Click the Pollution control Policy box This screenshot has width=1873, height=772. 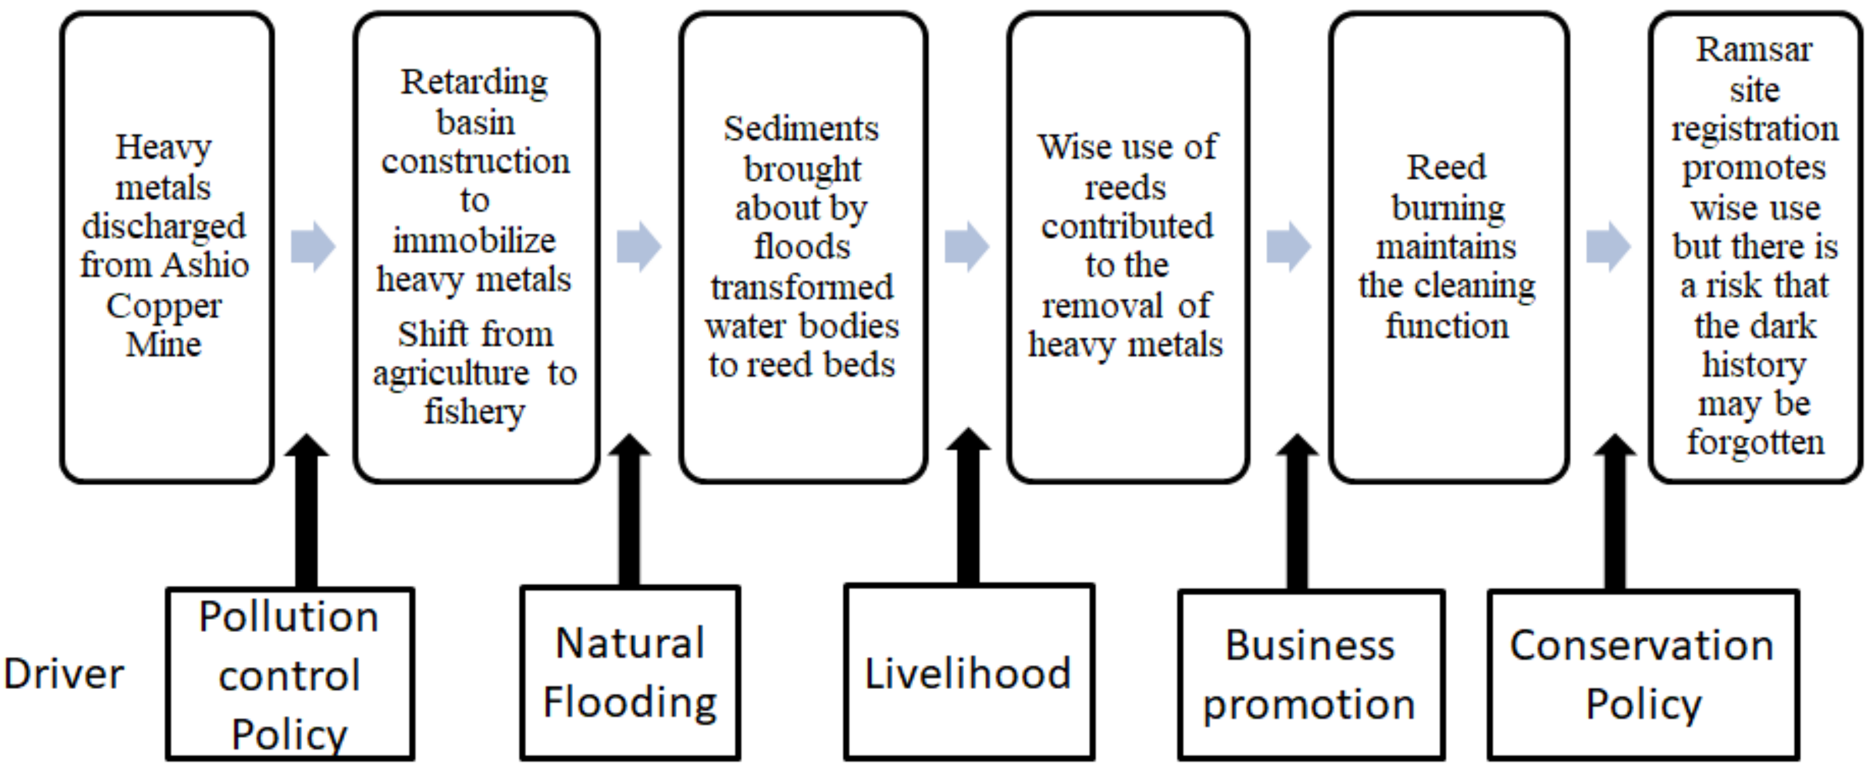coord(290,674)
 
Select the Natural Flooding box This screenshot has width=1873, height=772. coord(629,673)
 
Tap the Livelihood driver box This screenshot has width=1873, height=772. coord(969,673)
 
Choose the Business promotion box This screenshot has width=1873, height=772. coord(1310,674)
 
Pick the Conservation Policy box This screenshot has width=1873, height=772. coord(1643,674)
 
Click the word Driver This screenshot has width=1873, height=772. coord(64,674)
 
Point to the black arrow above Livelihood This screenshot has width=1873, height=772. coord(968,509)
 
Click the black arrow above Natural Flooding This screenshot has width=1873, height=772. coord(629,512)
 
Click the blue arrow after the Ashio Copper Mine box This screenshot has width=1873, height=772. coord(313,247)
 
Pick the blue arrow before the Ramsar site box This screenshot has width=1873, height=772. coord(1608,247)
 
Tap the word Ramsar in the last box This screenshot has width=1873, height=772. coord(1754,50)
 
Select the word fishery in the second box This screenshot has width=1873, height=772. coord(474,412)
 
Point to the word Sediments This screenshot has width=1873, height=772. coord(800,129)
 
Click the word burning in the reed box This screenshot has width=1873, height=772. coord(1447,209)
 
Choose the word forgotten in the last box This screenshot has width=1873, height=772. coord(1755,442)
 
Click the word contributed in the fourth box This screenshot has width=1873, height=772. coord(1126,227)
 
